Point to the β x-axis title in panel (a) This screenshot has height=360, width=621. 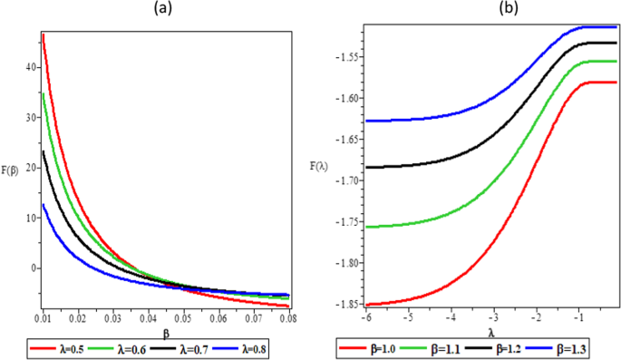[166, 334]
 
